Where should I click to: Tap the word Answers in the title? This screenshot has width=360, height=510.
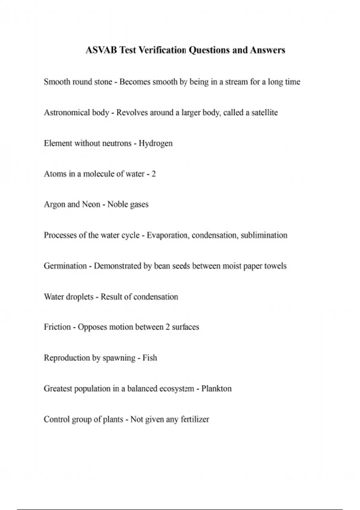[x=268, y=50]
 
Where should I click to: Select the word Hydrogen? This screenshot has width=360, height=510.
[x=155, y=143]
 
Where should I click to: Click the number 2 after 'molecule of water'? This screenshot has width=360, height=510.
[x=154, y=174]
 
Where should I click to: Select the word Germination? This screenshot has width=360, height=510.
[x=65, y=266]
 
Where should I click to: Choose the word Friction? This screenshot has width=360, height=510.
[x=57, y=327]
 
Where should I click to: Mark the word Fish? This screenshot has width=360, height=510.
[x=150, y=358]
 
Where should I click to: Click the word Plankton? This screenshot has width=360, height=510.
[x=216, y=389]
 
